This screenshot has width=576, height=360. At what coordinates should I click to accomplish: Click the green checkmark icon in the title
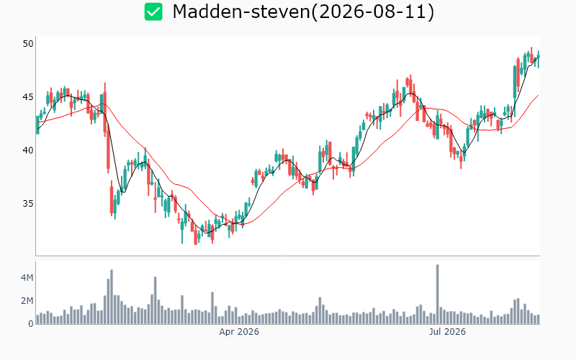(153, 12)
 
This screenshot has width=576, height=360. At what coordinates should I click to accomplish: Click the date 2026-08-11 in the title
(373, 12)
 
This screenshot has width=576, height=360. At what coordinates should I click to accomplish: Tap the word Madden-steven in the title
(241, 12)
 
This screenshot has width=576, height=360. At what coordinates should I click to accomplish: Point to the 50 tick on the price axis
(28, 44)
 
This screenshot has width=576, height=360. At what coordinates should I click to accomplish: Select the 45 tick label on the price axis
(28, 97)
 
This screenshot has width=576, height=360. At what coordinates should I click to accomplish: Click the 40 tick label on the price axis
(28, 150)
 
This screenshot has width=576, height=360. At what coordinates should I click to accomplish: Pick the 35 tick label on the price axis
(28, 204)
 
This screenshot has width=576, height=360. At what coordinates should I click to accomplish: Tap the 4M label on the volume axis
(27, 278)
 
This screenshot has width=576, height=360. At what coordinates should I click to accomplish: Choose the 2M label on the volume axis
(27, 301)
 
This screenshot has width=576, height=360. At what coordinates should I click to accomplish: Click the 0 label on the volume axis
(31, 324)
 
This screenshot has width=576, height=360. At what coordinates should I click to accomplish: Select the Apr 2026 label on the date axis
(239, 332)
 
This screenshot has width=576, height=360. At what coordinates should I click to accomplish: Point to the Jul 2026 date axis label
(447, 332)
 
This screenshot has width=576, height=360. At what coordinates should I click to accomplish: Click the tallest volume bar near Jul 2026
(438, 294)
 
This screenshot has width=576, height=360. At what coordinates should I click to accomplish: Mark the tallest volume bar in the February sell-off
(112, 297)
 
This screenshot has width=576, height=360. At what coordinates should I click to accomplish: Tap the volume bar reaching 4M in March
(155, 300)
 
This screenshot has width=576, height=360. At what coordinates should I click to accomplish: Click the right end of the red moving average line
(539, 95)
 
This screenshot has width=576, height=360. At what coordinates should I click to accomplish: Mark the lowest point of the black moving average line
(207, 233)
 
